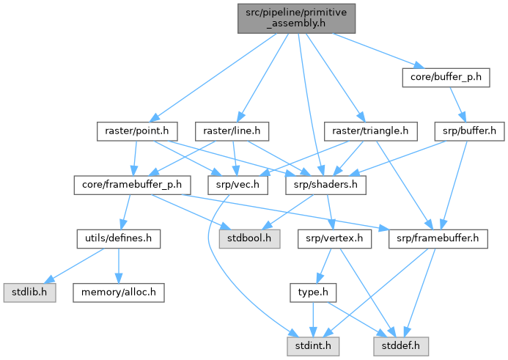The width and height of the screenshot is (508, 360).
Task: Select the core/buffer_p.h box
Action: point(444,77)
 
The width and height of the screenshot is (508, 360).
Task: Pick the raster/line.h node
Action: point(232,132)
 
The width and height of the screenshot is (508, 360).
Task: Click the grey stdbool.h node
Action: point(253,238)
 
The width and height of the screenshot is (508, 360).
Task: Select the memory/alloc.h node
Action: point(118,293)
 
